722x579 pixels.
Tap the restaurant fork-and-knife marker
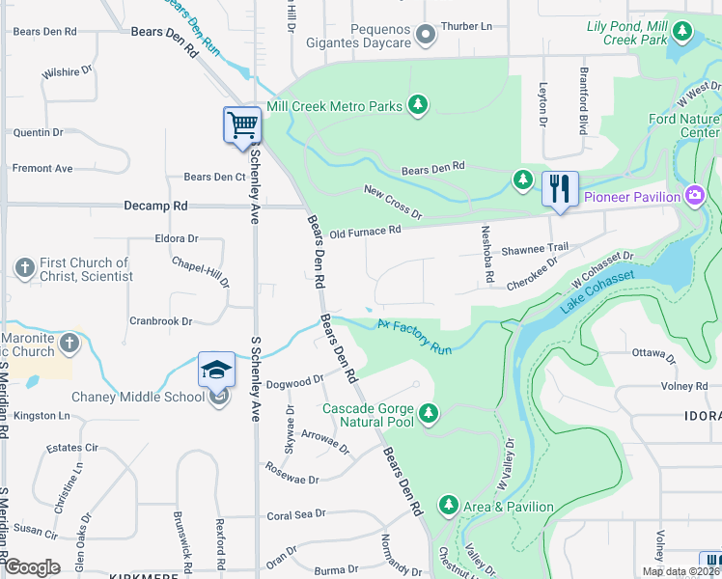(560, 188)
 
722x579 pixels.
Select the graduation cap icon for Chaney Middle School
(217, 370)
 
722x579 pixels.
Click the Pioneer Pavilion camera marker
(693, 197)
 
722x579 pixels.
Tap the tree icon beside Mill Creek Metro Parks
(417, 104)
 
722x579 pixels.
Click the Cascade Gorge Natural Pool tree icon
(429, 414)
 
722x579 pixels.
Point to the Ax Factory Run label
(414, 337)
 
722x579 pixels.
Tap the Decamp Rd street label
(154, 206)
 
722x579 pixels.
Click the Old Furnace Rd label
(364, 232)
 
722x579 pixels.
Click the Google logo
(33, 567)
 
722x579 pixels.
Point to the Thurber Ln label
(466, 27)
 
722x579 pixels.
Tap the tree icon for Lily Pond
(682, 33)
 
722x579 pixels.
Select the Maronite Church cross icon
(69, 343)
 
